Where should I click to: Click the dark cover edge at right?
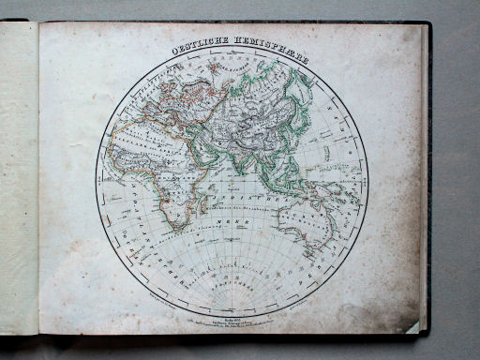pos(427,178)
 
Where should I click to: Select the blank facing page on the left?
pos(19,178)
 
